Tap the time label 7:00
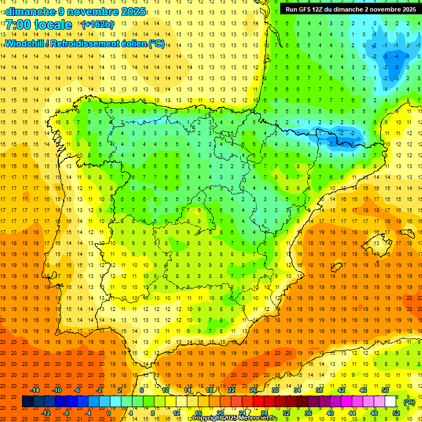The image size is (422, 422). click(x=18, y=25)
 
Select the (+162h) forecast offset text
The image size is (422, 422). click(x=97, y=25)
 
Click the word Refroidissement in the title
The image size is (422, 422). click(x=84, y=44)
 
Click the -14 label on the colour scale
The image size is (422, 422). click(x=35, y=390)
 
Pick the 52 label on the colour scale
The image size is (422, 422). click(x=396, y=413)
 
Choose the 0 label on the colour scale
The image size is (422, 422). click(x=109, y=413)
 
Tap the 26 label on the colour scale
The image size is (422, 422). click(x=253, y=390)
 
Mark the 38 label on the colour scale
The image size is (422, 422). click(x=319, y=390)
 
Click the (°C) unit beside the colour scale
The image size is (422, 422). click(x=409, y=402)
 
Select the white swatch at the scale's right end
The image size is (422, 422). click(x=391, y=402)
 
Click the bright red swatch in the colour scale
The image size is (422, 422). click(x=259, y=402)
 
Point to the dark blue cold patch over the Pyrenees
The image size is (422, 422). click(x=338, y=135)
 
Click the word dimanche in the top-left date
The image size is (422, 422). click(x=29, y=11)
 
